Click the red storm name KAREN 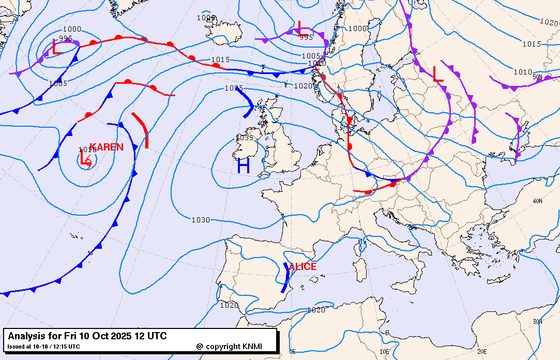pyautogui.click(x=107, y=147)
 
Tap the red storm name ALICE pyautogui.click(x=302, y=267)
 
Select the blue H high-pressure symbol pyautogui.click(x=244, y=166)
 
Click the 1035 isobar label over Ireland pyautogui.click(x=245, y=138)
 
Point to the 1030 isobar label pyautogui.click(x=201, y=220)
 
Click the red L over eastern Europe pyautogui.click(x=438, y=73)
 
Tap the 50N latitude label pyautogui.click(x=537, y=77)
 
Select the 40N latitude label pyautogui.click(x=537, y=201)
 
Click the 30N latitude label pyautogui.click(x=537, y=322)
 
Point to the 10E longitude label pyautogui.click(x=384, y=351)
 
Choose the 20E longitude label pyautogui.click(x=482, y=351)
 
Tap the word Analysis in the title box pyautogui.click(x=25, y=336)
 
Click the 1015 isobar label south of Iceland pyautogui.click(x=220, y=60)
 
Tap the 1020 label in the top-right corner pyautogui.click(x=548, y=22)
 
